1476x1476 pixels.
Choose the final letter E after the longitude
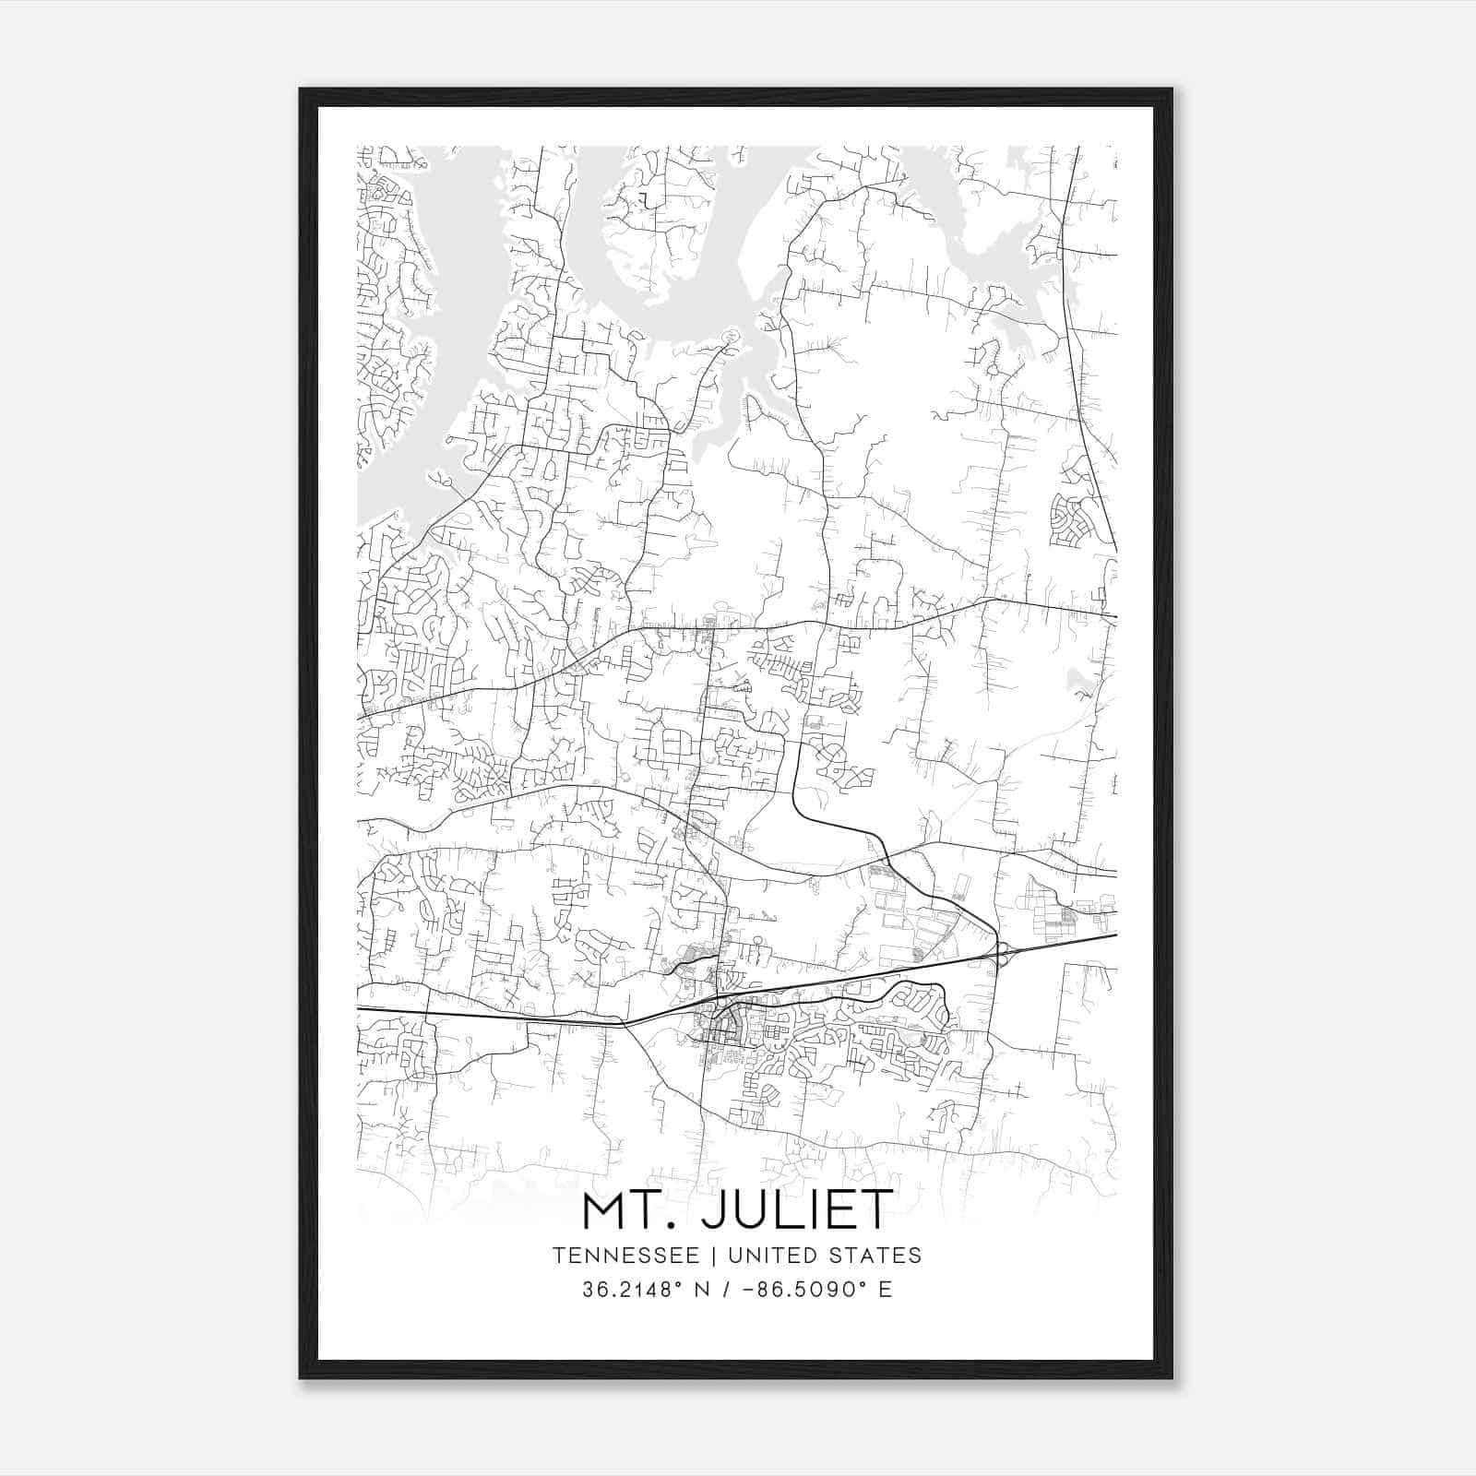click(886, 1290)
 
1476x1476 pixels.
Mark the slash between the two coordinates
click(726, 1290)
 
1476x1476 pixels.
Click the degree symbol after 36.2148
click(680, 1283)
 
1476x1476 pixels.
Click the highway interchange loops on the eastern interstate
click(1002, 954)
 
